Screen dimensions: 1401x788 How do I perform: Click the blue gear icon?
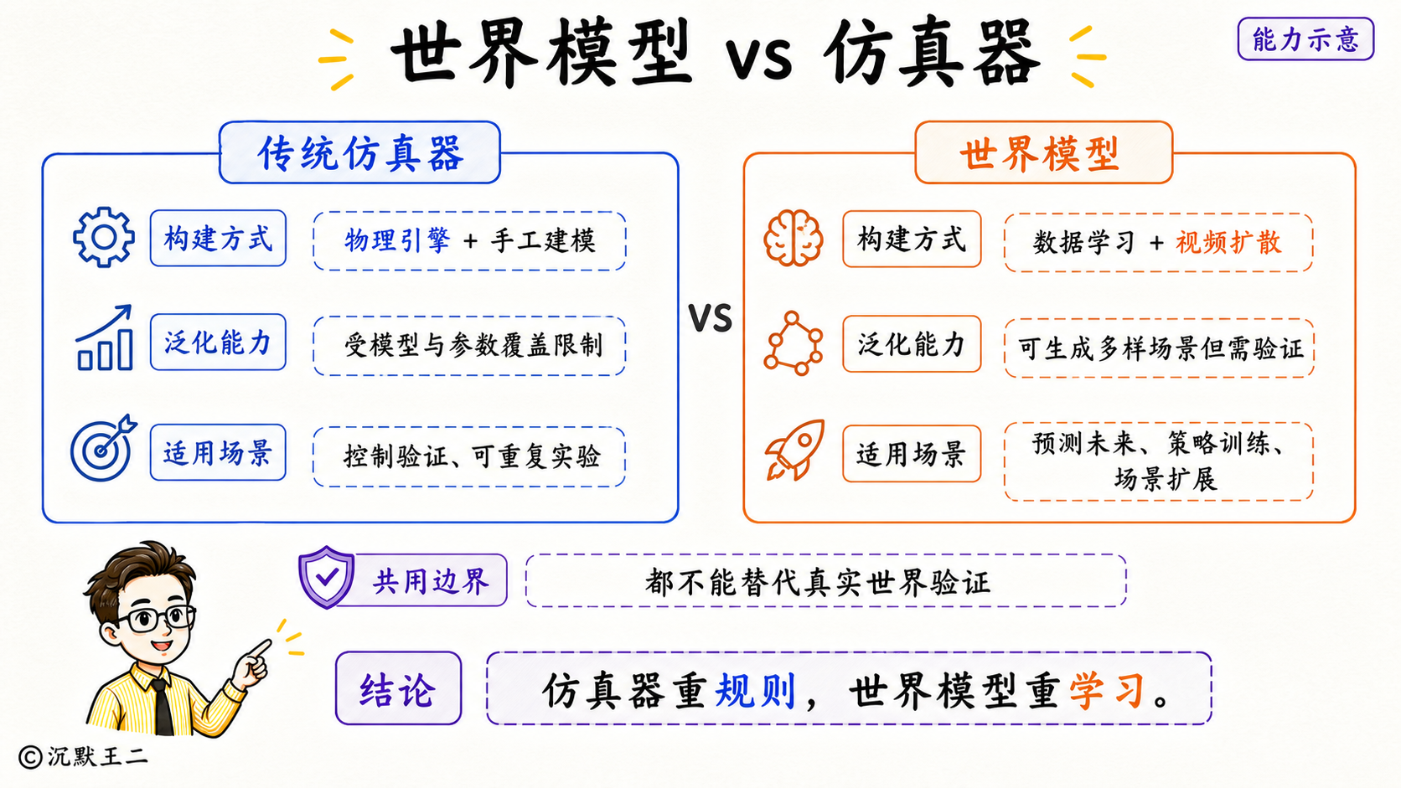click(104, 238)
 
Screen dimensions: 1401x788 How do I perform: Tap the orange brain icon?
click(793, 239)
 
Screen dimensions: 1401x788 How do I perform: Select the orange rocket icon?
click(795, 450)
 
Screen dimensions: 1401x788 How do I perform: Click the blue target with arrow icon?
click(103, 447)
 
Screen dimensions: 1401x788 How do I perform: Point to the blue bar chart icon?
click(105, 337)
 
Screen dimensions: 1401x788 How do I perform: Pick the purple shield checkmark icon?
click(326, 577)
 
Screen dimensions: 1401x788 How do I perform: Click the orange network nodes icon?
click(793, 343)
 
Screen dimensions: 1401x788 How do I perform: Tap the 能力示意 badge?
click(1305, 39)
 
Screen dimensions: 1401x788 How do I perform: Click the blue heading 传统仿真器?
click(360, 154)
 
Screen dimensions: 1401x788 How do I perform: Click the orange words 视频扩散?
click(1228, 243)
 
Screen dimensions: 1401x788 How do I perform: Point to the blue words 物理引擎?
click(397, 240)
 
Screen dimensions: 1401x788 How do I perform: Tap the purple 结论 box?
click(398, 688)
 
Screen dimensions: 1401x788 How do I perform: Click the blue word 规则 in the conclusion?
click(755, 691)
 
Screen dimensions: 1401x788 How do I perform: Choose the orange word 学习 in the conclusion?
click(1108, 691)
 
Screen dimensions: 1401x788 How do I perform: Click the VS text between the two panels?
click(711, 318)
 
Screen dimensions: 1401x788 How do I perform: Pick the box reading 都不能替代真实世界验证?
click(825, 580)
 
